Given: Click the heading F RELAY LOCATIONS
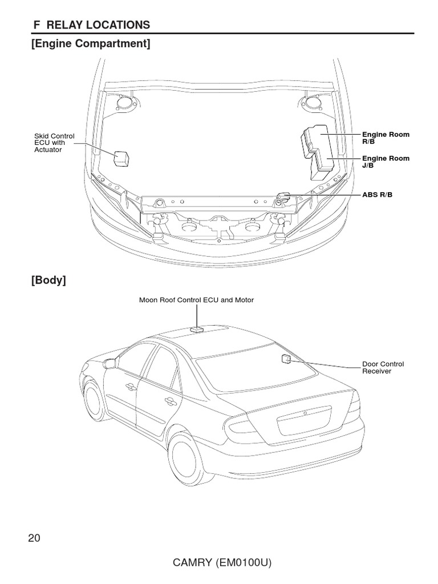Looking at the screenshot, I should tap(91, 25).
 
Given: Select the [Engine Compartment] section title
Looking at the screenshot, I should tap(91, 43).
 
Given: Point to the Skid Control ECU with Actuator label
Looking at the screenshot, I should tap(54, 143).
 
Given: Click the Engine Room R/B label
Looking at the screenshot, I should tap(386, 137).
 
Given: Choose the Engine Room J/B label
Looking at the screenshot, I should tap(386, 161).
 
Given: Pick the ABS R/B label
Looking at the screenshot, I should tap(377, 195).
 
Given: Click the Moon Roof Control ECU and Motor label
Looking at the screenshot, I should tap(196, 299).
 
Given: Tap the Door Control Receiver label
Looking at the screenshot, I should tap(383, 367).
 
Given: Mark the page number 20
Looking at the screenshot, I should tap(34, 538).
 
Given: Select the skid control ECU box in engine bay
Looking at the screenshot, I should tap(121, 157).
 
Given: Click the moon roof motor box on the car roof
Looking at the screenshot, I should tap(197, 329).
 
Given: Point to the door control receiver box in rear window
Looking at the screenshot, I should tap(286, 358).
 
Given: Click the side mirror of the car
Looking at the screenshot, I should tap(109, 363).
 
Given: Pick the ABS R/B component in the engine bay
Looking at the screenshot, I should tap(283, 197).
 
